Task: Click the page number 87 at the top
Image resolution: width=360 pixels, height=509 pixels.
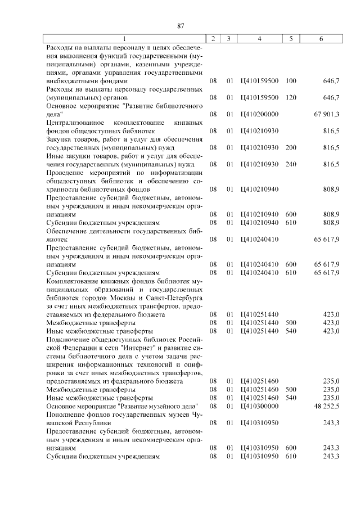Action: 181,26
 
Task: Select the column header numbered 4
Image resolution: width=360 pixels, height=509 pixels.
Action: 259,39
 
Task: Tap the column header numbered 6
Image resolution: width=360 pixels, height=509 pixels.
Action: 321,39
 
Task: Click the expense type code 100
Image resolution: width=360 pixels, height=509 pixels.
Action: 291,81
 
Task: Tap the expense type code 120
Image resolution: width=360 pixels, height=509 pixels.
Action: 291,97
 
